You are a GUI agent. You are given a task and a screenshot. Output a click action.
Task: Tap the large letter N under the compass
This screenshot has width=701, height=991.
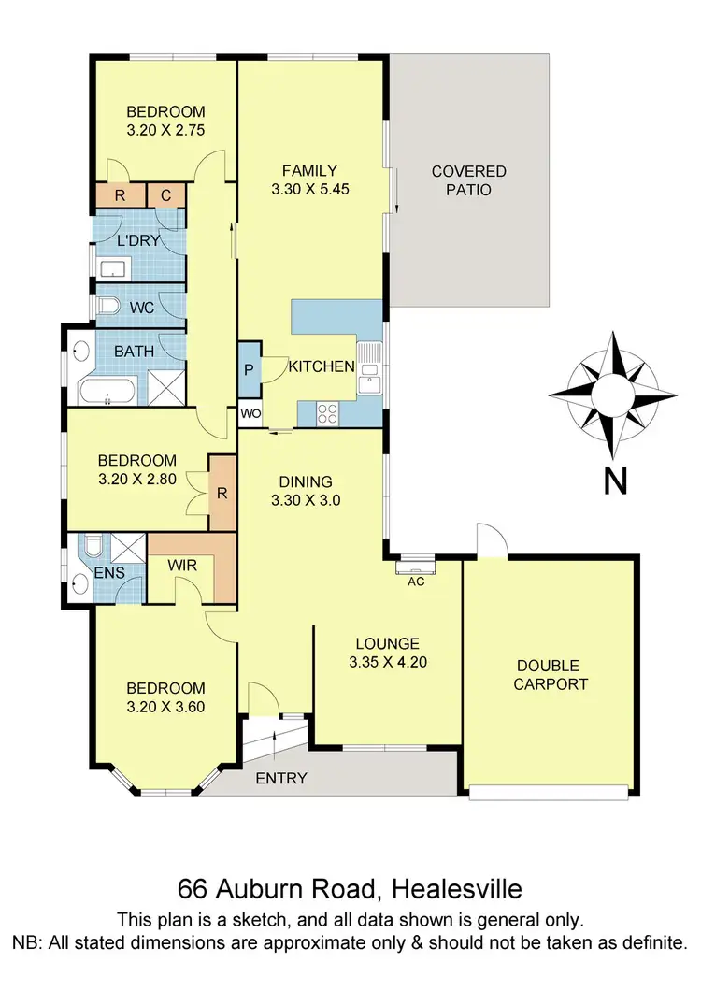pos(614,481)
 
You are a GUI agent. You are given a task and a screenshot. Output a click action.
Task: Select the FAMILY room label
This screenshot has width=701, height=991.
pos(309,170)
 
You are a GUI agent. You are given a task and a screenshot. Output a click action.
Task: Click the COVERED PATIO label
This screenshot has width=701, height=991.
pos(468,180)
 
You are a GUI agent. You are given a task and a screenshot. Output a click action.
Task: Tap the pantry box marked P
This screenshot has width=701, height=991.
pos(250,368)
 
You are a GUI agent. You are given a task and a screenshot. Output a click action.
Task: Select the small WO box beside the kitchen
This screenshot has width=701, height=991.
pos(250,413)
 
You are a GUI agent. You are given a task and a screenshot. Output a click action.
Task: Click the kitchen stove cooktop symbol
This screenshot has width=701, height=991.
pos(328,412)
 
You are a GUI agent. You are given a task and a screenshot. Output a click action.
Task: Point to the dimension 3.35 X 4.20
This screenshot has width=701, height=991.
pos(387,663)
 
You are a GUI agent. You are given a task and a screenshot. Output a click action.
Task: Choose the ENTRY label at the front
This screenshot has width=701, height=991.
pos(281,778)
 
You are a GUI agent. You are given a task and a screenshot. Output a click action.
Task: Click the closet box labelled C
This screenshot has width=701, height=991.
pos(165,195)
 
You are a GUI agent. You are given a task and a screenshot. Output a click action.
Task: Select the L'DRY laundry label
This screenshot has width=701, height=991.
pos(138,240)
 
